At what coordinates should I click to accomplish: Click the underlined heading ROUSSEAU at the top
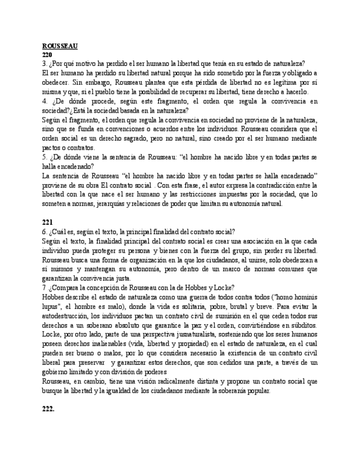(60, 46)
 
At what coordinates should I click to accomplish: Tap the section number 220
(47, 55)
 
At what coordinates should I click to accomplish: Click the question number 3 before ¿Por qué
(44, 64)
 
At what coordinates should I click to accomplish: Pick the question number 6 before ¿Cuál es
(44, 232)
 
